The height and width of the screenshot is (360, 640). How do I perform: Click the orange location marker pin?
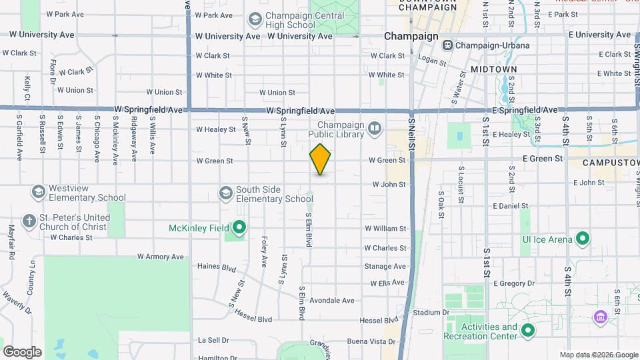click(x=320, y=159)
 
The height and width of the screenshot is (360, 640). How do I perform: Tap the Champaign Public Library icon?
click(x=375, y=127)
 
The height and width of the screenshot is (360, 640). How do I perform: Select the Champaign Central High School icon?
click(x=255, y=19)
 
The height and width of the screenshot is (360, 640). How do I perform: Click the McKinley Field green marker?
click(x=238, y=228)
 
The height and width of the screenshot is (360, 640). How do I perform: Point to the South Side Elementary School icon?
click(x=226, y=193)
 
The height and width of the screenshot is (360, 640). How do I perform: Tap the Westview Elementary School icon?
click(x=38, y=192)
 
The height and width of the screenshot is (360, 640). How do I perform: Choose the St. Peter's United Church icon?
click(x=29, y=220)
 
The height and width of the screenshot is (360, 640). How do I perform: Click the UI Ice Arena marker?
click(x=583, y=239)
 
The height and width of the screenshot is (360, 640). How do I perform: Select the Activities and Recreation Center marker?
click(x=528, y=331)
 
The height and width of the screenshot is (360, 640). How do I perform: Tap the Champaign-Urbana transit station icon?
click(x=447, y=45)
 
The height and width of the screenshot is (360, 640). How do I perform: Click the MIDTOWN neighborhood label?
click(x=493, y=69)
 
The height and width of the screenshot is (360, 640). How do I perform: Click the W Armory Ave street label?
click(x=160, y=257)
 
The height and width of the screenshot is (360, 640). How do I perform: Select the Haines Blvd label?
click(x=217, y=266)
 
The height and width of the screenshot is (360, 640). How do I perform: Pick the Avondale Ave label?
click(x=331, y=301)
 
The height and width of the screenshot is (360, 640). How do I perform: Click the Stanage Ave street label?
click(x=385, y=266)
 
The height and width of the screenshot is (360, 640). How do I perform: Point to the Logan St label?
click(x=432, y=59)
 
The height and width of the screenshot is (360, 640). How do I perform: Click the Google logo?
click(x=22, y=352)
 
